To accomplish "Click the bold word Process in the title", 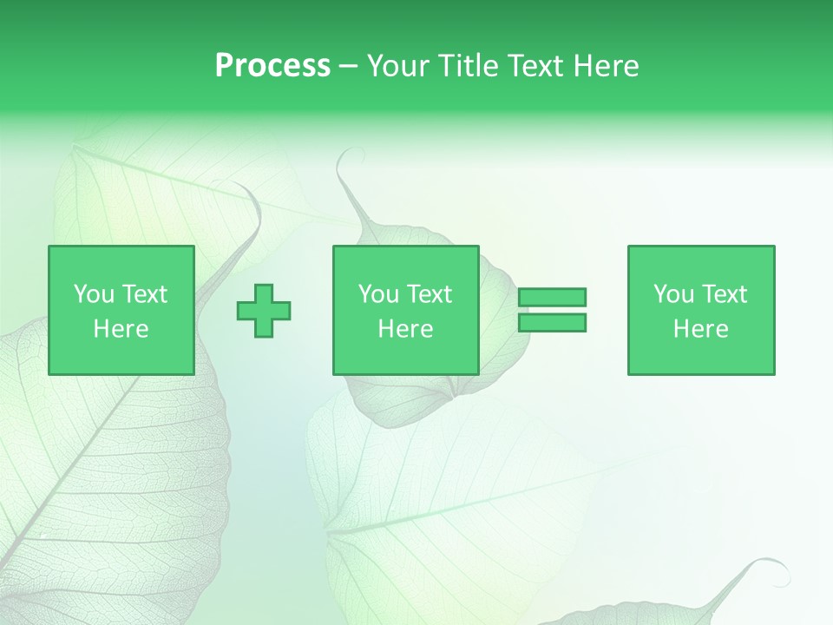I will click(x=272, y=66).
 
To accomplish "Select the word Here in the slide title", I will click(x=604, y=66).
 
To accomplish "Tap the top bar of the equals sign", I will click(x=552, y=298).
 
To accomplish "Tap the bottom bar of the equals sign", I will click(x=552, y=323).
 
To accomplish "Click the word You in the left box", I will click(x=94, y=294).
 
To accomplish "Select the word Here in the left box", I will click(x=121, y=329).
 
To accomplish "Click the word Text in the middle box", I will click(x=430, y=294).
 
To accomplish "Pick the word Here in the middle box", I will click(x=405, y=329).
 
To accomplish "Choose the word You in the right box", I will click(x=673, y=294).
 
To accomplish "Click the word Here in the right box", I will click(x=700, y=329).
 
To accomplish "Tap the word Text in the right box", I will click(x=725, y=294).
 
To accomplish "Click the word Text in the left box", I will click(x=145, y=294).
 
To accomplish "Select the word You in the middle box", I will click(x=378, y=294).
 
